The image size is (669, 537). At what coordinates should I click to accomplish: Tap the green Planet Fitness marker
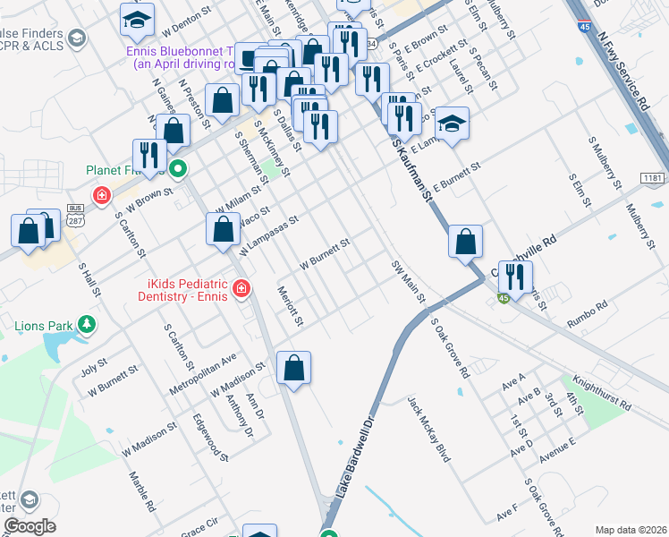tap(178, 168)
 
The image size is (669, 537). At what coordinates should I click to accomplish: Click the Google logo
tap(30, 526)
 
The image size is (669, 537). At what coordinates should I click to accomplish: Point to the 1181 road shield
tap(655, 180)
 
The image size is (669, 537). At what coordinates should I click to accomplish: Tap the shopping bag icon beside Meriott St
tap(293, 367)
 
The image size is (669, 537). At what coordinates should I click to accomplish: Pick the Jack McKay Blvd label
tap(428, 429)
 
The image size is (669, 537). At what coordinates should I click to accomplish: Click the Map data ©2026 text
tap(629, 530)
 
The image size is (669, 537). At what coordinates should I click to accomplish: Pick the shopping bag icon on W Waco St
tap(222, 230)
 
